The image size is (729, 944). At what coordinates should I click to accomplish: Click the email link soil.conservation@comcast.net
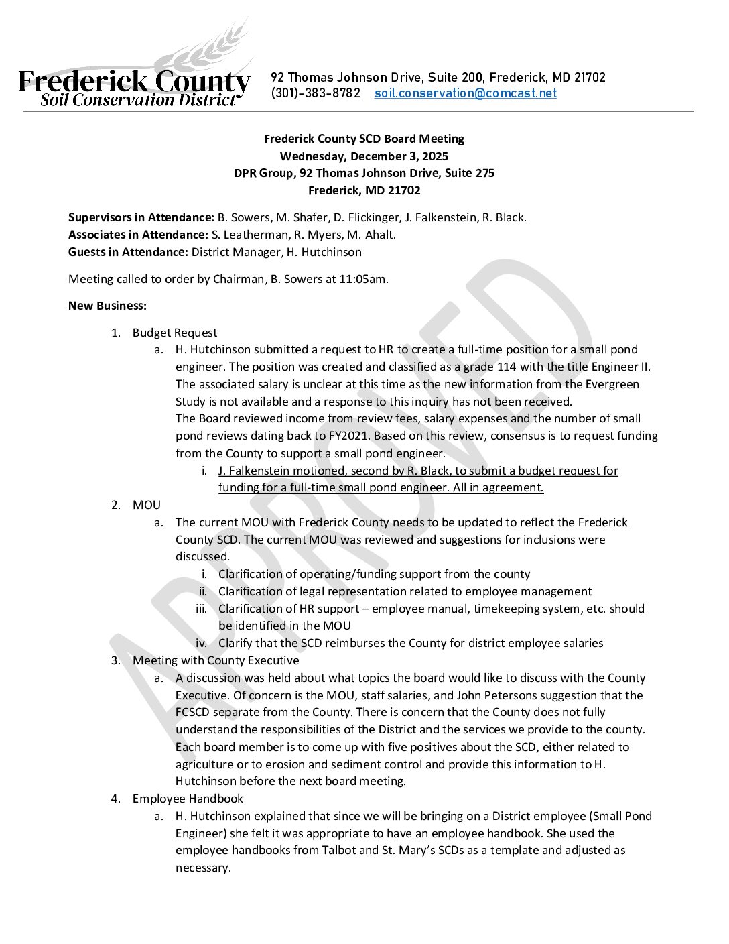tap(465, 94)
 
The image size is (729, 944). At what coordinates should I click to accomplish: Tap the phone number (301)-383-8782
tap(316, 94)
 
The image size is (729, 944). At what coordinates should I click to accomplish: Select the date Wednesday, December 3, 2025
tap(364, 156)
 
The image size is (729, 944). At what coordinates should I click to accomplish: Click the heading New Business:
tap(107, 306)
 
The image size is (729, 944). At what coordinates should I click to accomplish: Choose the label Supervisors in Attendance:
tap(141, 217)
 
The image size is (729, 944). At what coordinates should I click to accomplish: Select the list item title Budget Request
tap(175, 333)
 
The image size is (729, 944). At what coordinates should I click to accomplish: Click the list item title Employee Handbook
tap(188, 799)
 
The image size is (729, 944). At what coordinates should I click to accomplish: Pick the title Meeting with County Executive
tap(216, 660)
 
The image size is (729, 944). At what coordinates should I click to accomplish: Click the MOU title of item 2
tap(147, 505)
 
